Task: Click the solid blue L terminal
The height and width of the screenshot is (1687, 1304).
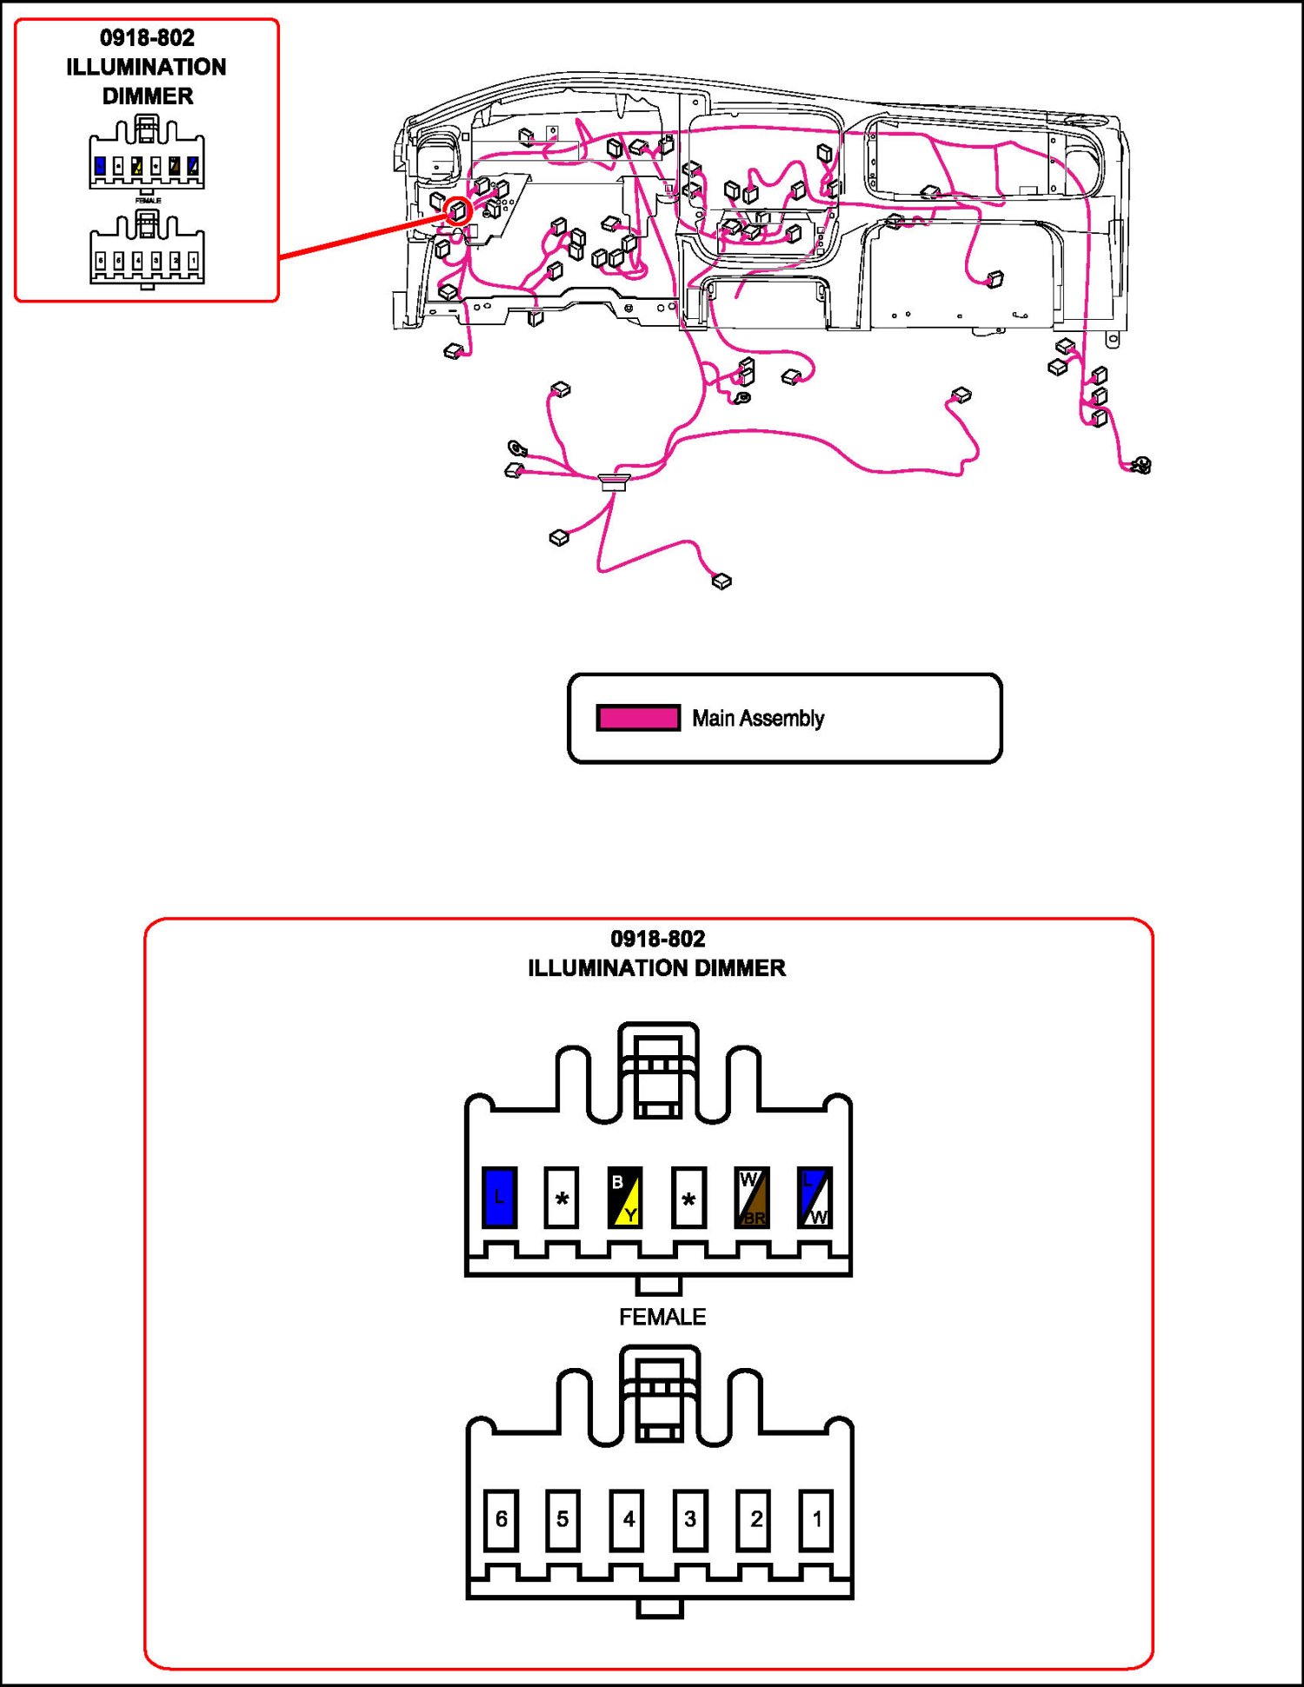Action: [499, 1198]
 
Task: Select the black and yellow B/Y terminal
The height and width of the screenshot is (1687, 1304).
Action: [625, 1198]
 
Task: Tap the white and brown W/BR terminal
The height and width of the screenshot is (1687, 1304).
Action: [752, 1198]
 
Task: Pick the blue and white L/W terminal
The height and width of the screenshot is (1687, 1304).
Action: [815, 1198]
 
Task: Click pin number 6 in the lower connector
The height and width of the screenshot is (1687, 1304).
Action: [501, 1519]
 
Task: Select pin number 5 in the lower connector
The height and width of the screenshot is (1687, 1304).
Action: [562, 1519]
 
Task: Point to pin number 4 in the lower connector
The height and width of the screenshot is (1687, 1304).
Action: [627, 1519]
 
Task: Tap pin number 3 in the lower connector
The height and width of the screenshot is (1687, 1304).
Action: [689, 1519]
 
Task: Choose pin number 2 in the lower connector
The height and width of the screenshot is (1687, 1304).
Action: [754, 1519]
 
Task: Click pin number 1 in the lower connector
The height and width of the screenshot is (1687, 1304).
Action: [816, 1519]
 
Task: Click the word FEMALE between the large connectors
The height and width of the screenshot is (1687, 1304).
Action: [662, 1318]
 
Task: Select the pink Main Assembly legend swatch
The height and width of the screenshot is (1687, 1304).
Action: [638, 718]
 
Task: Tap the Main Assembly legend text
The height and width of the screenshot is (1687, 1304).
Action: [758, 719]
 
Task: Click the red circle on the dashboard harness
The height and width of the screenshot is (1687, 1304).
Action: [458, 209]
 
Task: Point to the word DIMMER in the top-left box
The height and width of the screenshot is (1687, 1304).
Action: [148, 96]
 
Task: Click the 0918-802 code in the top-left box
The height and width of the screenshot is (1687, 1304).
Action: [148, 38]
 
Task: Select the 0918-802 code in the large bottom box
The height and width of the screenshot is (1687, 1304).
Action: [658, 940]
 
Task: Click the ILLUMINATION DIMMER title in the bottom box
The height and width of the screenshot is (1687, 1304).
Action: [657, 968]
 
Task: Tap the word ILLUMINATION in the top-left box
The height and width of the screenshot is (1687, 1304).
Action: [147, 67]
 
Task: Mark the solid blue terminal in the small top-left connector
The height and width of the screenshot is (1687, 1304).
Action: [100, 165]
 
